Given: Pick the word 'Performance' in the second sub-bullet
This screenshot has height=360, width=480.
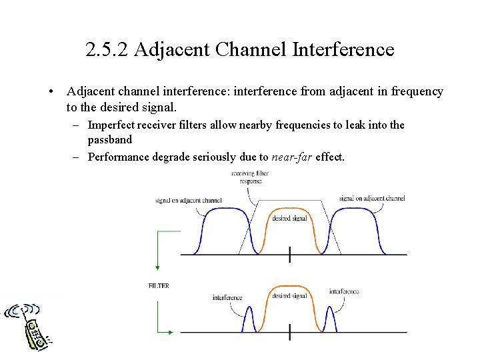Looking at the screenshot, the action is click(120, 157).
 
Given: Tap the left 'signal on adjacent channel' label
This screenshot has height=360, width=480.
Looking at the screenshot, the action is click(188, 200).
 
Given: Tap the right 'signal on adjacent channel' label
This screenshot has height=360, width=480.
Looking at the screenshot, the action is click(371, 198).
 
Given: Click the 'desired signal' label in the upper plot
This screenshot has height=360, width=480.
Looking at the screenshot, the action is click(290, 218).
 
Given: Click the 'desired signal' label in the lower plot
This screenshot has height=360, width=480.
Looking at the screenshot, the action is click(290, 295).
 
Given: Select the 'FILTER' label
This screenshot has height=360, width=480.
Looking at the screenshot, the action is click(159, 286).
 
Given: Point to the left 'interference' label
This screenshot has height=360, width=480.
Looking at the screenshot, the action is click(227, 297).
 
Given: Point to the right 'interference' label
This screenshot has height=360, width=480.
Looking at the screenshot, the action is click(344, 291).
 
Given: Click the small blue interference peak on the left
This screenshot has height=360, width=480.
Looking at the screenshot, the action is click(250, 319).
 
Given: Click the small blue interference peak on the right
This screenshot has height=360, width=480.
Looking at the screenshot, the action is click(329, 319).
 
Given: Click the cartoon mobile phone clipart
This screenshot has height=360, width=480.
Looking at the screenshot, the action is click(30, 327).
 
